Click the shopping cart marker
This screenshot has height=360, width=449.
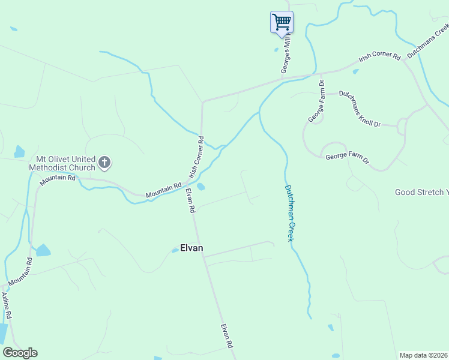point(282,23)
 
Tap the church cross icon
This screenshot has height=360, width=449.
point(104,161)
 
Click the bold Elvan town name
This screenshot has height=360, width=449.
point(191,247)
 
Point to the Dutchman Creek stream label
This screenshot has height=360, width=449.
point(289,212)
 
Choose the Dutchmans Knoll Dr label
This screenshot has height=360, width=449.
point(360,109)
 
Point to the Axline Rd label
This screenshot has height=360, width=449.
point(7,306)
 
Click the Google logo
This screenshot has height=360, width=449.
point(20,353)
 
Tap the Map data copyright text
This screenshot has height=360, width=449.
point(424,355)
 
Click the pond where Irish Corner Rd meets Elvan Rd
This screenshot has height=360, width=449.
point(200,187)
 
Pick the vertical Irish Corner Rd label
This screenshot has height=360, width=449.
point(196,157)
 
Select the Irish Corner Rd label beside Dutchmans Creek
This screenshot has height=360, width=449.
point(379,58)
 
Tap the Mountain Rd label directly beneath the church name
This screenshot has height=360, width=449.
point(58,178)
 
